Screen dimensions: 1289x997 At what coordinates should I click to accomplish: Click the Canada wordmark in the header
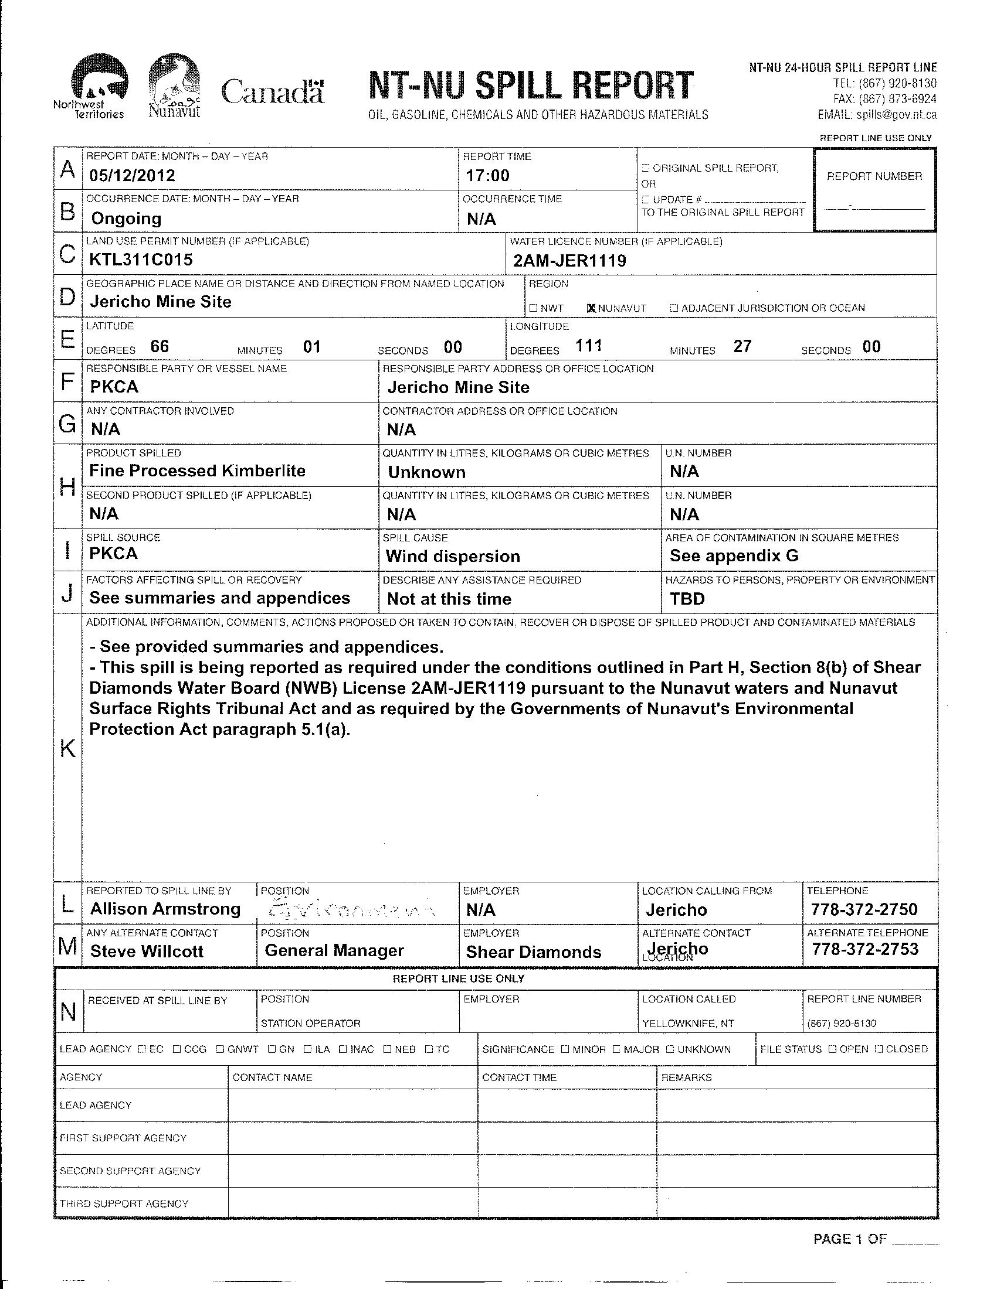pos(272,92)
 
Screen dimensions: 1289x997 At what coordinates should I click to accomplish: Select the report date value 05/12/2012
pos(133,175)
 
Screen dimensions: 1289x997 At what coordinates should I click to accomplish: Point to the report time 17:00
pos(487,175)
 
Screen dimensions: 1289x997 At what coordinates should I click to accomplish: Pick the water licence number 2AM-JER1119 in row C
pos(569,260)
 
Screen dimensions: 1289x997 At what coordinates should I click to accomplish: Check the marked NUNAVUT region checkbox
pos(591,308)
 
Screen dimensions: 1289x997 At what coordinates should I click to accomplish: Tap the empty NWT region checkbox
pos(533,308)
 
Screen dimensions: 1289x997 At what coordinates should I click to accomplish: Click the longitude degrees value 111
pos(588,346)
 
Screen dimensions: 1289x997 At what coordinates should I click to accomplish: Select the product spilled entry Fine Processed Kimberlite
pos(197,471)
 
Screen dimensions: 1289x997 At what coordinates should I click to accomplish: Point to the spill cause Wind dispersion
pos(452,556)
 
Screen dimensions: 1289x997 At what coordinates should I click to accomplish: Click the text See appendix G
pos(734,555)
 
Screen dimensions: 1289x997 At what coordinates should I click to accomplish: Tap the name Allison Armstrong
pos(165,909)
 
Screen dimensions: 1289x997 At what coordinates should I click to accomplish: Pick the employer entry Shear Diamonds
pos(533,952)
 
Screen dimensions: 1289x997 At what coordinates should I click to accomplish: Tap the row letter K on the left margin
pos(68,749)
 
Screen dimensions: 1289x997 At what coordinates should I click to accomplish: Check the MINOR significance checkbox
pos(565,1049)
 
